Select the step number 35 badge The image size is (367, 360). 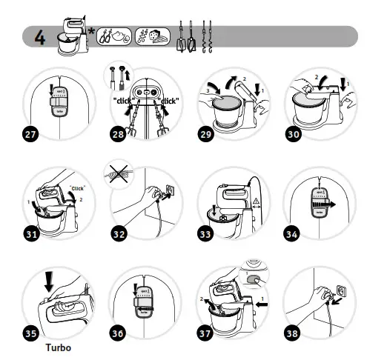pyautogui.click(x=31, y=333)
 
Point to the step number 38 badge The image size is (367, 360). pyautogui.click(x=294, y=333)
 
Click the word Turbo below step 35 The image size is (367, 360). pyautogui.click(x=59, y=347)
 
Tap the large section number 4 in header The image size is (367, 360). pyautogui.click(x=38, y=37)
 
